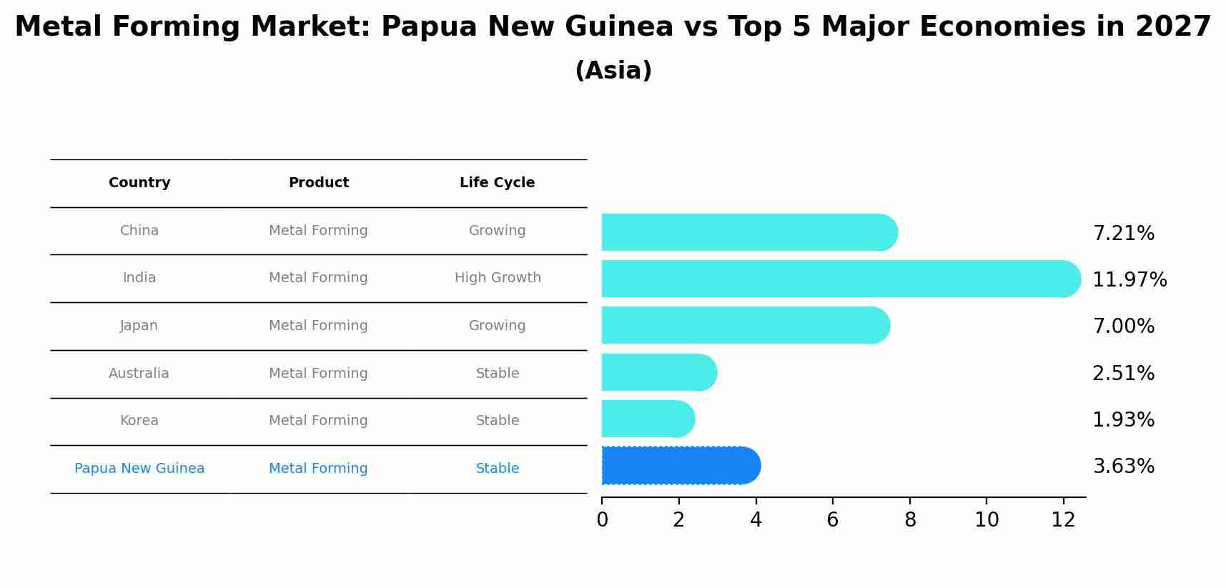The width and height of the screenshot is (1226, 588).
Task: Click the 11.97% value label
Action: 1129,279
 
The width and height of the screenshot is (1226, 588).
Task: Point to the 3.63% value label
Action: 1123,467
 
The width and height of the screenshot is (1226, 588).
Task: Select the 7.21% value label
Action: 1123,234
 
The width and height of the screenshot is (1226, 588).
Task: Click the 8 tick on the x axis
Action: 910,520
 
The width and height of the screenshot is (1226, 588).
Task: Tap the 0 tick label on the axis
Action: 602,520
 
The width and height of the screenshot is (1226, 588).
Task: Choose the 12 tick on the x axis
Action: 1063,520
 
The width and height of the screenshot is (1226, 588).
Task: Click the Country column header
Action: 139,183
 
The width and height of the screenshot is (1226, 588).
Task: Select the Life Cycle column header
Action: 497,183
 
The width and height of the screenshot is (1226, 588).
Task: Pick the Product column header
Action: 318,183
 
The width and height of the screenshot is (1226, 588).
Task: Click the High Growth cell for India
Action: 498,278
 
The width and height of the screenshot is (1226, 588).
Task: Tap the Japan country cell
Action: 139,326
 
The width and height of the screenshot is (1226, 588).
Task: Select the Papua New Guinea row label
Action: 139,469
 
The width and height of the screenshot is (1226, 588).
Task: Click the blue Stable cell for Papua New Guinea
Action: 498,469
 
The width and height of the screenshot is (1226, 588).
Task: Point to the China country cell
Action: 139,231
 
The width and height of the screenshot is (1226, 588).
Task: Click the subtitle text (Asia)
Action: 613,71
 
